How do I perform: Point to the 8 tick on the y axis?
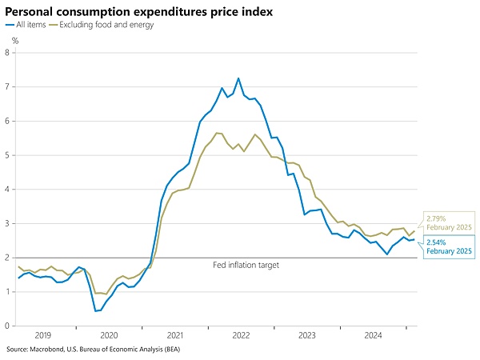point(7,54)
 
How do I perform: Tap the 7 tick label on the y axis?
point(7,87)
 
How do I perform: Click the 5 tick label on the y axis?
point(7,156)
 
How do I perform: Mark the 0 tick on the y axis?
point(7,326)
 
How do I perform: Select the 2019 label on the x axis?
point(42,336)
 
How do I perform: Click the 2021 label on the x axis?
point(175,336)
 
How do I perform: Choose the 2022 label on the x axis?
point(242,336)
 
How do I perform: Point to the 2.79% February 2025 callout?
point(448,222)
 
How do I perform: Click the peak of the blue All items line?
point(238,78)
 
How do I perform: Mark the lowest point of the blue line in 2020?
point(95,311)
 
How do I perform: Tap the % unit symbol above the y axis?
point(14,40)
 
